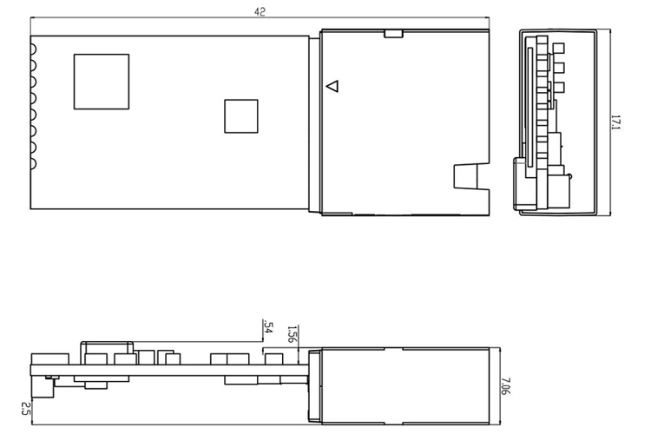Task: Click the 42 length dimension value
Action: click(x=260, y=11)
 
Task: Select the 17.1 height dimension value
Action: click(x=615, y=122)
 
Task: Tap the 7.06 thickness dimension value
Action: click(x=506, y=385)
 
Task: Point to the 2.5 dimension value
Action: click(x=26, y=408)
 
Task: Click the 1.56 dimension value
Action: click(x=293, y=334)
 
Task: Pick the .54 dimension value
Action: click(x=268, y=327)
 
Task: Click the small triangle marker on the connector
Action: click(x=332, y=87)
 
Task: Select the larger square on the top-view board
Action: click(x=102, y=82)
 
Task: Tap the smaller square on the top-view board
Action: click(x=241, y=116)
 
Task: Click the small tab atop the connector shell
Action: click(x=393, y=34)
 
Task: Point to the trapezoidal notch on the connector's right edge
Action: click(x=471, y=176)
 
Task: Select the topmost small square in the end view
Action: click(x=559, y=49)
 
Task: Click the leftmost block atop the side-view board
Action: click(x=50, y=359)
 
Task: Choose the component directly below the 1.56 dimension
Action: click(x=274, y=359)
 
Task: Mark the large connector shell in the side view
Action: click(x=404, y=386)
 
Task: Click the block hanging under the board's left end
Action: click(x=43, y=386)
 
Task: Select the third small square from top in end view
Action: click(x=559, y=88)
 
